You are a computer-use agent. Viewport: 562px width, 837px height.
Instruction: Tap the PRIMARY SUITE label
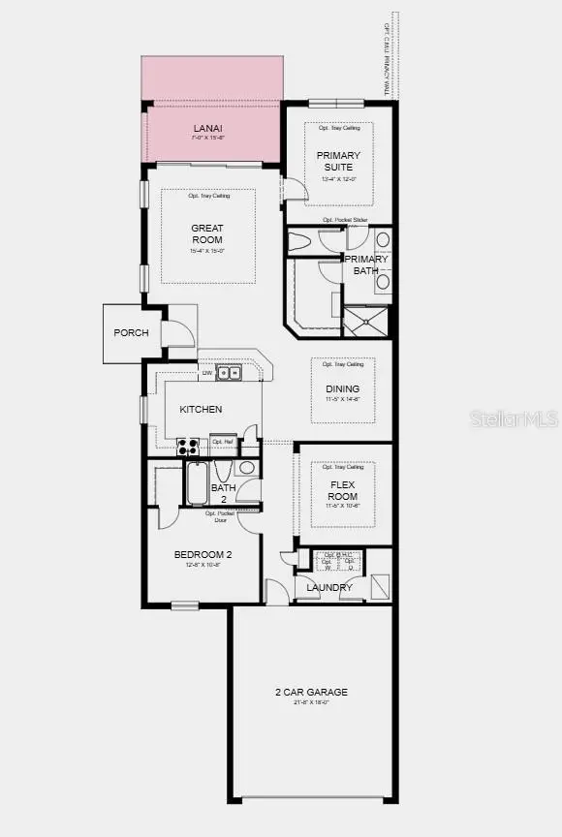[338, 161]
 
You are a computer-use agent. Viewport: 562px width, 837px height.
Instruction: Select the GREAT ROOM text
[206, 234]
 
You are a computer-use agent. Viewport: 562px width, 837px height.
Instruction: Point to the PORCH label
[132, 333]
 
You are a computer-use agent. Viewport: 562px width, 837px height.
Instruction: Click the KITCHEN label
[201, 410]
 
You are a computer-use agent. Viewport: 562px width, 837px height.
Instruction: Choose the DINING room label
[342, 389]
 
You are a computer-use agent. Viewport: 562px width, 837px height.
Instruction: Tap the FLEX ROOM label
[342, 490]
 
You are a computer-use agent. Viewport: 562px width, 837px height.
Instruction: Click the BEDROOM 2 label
[203, 555]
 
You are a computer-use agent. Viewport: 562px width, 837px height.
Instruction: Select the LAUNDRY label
[328, 588]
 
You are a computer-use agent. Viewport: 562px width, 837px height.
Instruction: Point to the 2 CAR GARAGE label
[310, 692]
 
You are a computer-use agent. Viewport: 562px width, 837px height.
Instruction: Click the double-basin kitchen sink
[229, 373]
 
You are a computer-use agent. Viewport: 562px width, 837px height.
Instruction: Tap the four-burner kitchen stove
[188, 447]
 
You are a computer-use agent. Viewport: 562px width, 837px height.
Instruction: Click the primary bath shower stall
[366, 321]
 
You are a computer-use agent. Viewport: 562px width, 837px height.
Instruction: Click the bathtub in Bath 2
[197, 484]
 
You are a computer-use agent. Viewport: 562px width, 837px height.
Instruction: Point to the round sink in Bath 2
[246, 468]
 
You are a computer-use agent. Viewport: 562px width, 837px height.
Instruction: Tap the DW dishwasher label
[206, 374]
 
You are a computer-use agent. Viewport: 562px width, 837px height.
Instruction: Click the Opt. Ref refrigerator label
[223, 442]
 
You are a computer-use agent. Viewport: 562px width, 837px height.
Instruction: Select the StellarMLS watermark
[514, 418]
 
